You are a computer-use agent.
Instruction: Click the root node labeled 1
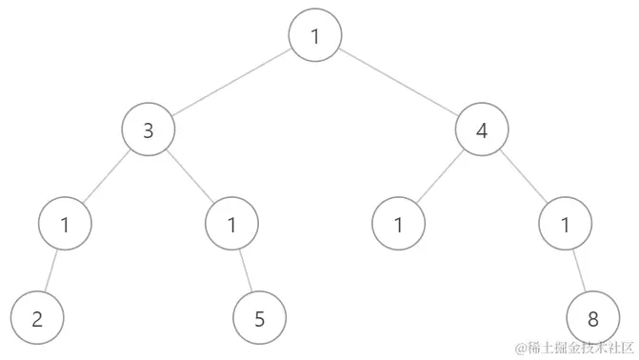click(x=315, y=37)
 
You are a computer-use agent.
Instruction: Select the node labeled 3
click(x=149, y=130)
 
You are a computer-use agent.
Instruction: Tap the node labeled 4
click(x=482, y=130)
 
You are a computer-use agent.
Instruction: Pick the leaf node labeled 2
click(x=37, y=318)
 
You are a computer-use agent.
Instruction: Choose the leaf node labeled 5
click(x=259, y=318)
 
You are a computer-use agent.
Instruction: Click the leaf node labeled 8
click(x=592, y=318)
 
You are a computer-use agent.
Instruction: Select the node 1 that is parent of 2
click(x=65, y=225)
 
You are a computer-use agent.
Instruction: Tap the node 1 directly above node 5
click(x=231, y=225)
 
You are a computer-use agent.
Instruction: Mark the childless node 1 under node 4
click(x=398, y=225)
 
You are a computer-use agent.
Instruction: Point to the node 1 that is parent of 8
click(x=565, y=225)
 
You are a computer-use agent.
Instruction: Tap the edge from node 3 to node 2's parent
click(x=107, y=178)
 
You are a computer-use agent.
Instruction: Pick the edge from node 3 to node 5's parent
click(x=190, y=178)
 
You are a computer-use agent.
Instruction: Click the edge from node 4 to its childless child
click(x=440, y=178)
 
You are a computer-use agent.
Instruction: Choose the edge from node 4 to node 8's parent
click(x=524, y=178)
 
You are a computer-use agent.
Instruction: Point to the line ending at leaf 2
click(x=51, y=271)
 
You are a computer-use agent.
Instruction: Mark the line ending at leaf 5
click(x=246, y=271)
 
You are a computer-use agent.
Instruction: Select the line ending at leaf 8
click(x=578, y=271)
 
